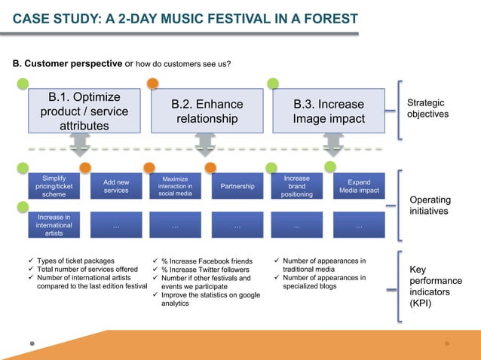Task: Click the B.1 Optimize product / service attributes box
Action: tap(84, 111)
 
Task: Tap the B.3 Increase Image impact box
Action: tap(329, 111)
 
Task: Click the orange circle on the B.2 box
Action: tap(153, 84)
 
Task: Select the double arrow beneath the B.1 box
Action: tap(81, 145)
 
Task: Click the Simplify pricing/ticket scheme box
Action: tap(54, 186)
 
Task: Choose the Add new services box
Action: tap(115, 186)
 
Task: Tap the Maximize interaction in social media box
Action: tap(175, 186)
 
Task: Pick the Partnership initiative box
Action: tap(237, 186)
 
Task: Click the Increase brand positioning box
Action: tap(296, 186)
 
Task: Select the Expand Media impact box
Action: tap(358, 186)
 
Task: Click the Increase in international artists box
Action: tap(54, 225)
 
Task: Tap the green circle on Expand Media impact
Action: tap(330, 166)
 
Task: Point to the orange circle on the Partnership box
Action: tap(210, 166)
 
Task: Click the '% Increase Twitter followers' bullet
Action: tap(204, 270)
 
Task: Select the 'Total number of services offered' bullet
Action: tap(87, 270)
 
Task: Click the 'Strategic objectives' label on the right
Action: tap(426, 108)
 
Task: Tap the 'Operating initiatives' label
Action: tap(430, 206)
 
